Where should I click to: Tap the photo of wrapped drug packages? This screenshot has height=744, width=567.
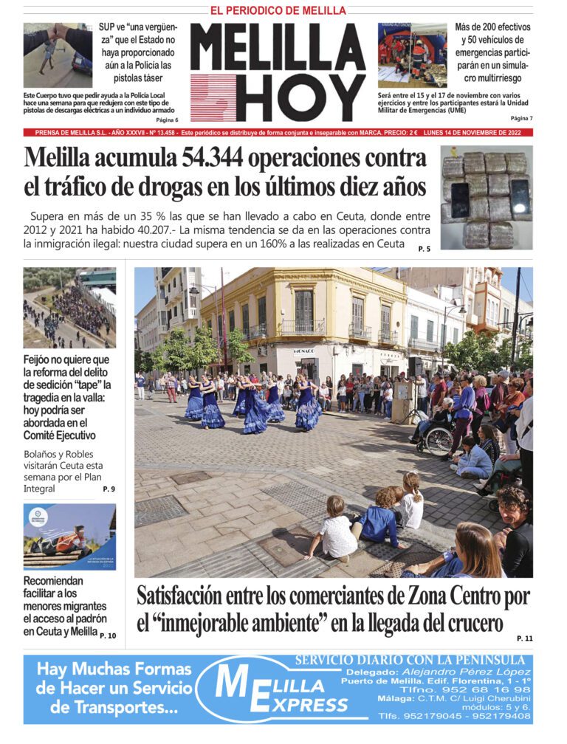[x=487, y=197]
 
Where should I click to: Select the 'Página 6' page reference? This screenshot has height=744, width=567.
[x=168, y=120]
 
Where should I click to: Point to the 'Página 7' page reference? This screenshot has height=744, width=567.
[x=520, y=118]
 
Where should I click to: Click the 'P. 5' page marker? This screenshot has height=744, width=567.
[x=424, y=249]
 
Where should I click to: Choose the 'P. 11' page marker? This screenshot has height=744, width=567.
[x=524, y=638]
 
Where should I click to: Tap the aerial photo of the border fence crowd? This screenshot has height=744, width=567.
[x=69, y=307]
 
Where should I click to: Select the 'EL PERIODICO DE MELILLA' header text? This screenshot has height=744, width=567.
[x=278, y=10]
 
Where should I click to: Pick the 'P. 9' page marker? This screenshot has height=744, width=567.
[x=109, y=489]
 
